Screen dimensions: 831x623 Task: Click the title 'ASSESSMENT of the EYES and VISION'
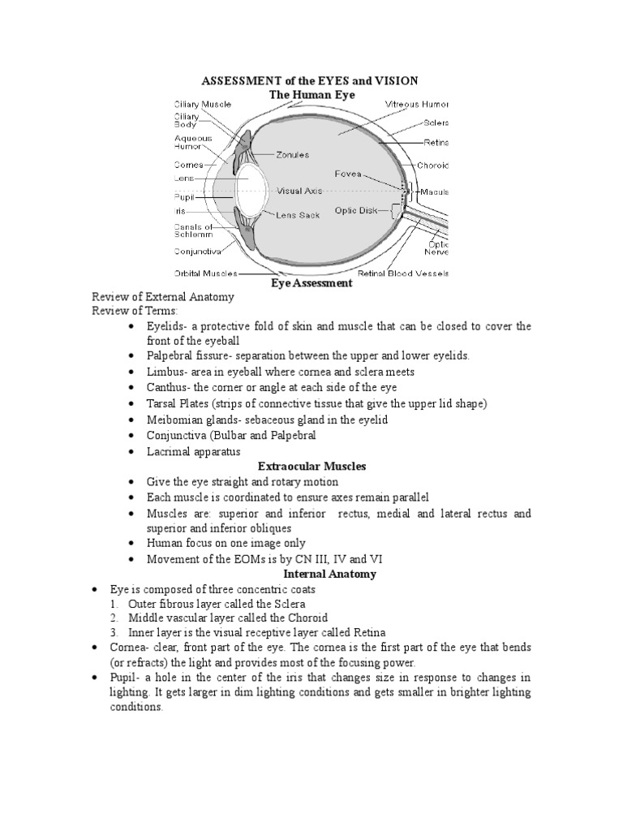311,81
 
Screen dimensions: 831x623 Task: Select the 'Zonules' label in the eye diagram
292,154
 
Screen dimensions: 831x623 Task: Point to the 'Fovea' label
349,174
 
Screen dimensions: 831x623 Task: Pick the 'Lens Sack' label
298,217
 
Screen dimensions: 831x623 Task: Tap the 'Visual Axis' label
299,192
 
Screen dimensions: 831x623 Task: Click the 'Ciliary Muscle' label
202,105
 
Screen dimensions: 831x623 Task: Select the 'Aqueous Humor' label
193,143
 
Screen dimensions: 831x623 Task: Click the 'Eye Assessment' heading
311,284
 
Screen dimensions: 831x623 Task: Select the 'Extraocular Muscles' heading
311,467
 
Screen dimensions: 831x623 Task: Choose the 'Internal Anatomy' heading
311,575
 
